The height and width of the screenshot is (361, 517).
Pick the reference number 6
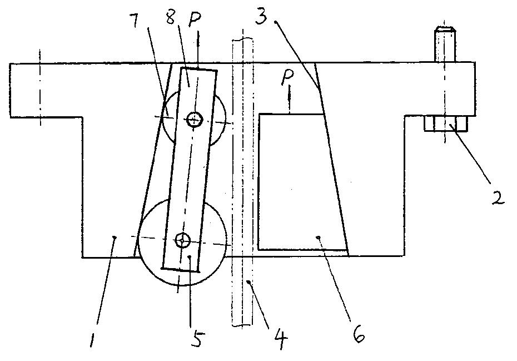pos(358,334)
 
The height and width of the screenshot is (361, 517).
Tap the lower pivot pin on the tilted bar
pos(182,240)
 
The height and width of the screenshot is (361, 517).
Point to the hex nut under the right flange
pos(445,123)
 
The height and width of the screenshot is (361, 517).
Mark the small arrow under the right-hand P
pos(289,101)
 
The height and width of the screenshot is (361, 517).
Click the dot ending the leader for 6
pos(319,237)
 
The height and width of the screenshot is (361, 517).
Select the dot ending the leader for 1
pos(114,237)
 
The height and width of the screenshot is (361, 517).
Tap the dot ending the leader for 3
pos(276,22)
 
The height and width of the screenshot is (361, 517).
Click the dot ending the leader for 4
pos(247,281)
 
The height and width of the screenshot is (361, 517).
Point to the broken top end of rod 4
pos(242,39)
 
